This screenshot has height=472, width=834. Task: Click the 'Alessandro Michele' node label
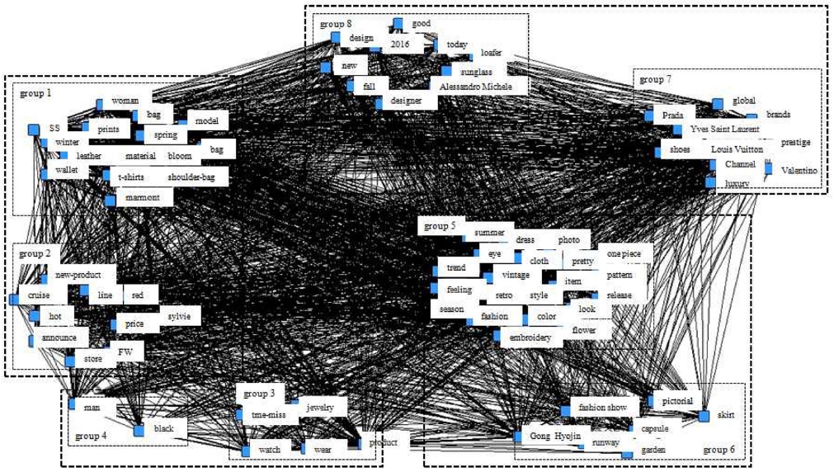pos(475,87)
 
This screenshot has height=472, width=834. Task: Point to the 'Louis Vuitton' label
pos(737,149)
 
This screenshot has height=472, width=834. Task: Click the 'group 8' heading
pos(337,24)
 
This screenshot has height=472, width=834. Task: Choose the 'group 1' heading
pos(35,94)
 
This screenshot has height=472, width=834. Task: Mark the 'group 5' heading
pos(440,225)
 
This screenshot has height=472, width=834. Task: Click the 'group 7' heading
pos(656,79)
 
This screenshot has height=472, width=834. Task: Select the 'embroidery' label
pos(530,337)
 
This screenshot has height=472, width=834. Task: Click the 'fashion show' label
pos(603,407)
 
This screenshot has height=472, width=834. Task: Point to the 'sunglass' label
pos(478,72)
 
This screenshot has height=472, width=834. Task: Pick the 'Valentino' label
pos(798,170)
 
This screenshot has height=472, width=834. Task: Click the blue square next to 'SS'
pos(34,129)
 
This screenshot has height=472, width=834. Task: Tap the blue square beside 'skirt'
pos(704,416)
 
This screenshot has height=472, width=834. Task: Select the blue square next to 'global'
pos(718,103)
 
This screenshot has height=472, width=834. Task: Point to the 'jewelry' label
pos(320,407)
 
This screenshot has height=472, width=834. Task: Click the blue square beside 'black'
pos(139,430)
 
